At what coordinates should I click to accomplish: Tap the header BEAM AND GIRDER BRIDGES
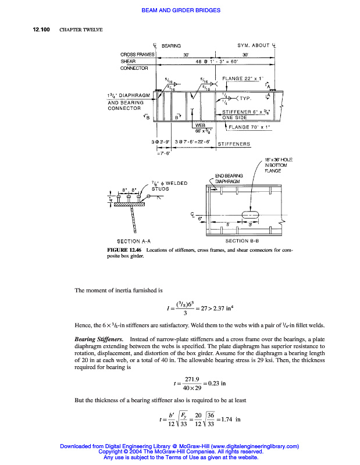(180, 10)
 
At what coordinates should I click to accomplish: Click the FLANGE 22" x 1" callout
(243, 78)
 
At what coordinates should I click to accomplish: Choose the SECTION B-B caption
(244, 241)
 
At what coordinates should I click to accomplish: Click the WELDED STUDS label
(169, 186)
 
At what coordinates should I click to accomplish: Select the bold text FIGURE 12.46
(125, 250)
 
